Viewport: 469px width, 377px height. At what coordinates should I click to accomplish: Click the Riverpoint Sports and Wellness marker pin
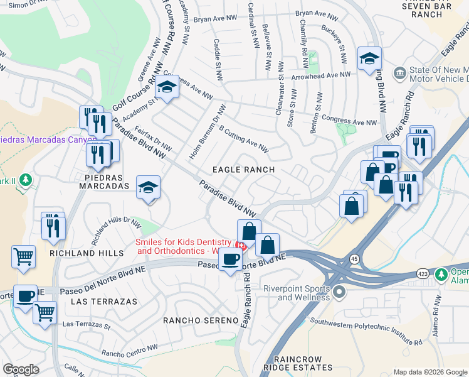340,292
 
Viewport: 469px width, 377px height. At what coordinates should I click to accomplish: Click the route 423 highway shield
423,274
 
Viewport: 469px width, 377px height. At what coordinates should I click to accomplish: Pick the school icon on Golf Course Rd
167,89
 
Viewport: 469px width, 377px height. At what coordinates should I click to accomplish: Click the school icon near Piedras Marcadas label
149,187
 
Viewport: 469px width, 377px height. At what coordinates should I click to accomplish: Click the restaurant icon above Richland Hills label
53,226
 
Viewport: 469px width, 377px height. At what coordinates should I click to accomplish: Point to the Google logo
21,369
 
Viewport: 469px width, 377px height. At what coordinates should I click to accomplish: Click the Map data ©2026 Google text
429,372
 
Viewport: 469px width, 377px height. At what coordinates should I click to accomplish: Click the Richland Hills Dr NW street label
117,231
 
